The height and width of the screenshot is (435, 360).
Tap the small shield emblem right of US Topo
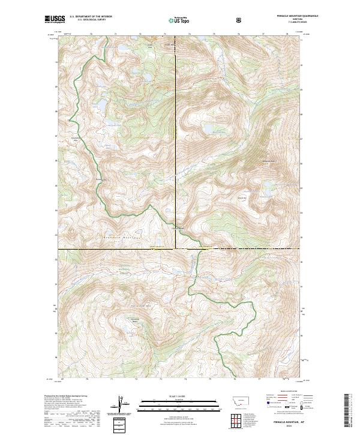pos(205,20)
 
